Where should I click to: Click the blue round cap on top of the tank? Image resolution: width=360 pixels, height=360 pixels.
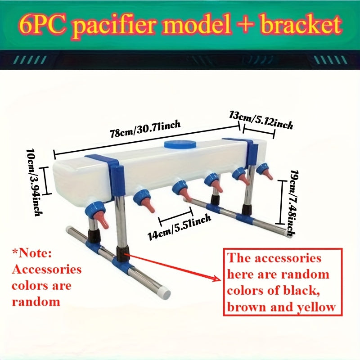point(180,144)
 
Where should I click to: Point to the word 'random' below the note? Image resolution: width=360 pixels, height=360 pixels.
point(36,301)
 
